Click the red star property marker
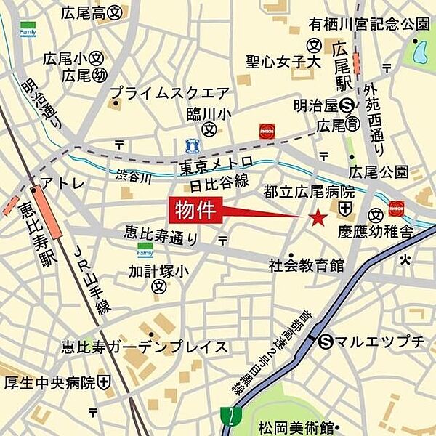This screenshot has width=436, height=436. pos(318,217)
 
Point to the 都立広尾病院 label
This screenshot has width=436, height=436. pos(308,192)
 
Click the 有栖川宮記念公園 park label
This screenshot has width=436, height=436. pos(369,24)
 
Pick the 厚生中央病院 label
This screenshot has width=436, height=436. pos(50,381)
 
